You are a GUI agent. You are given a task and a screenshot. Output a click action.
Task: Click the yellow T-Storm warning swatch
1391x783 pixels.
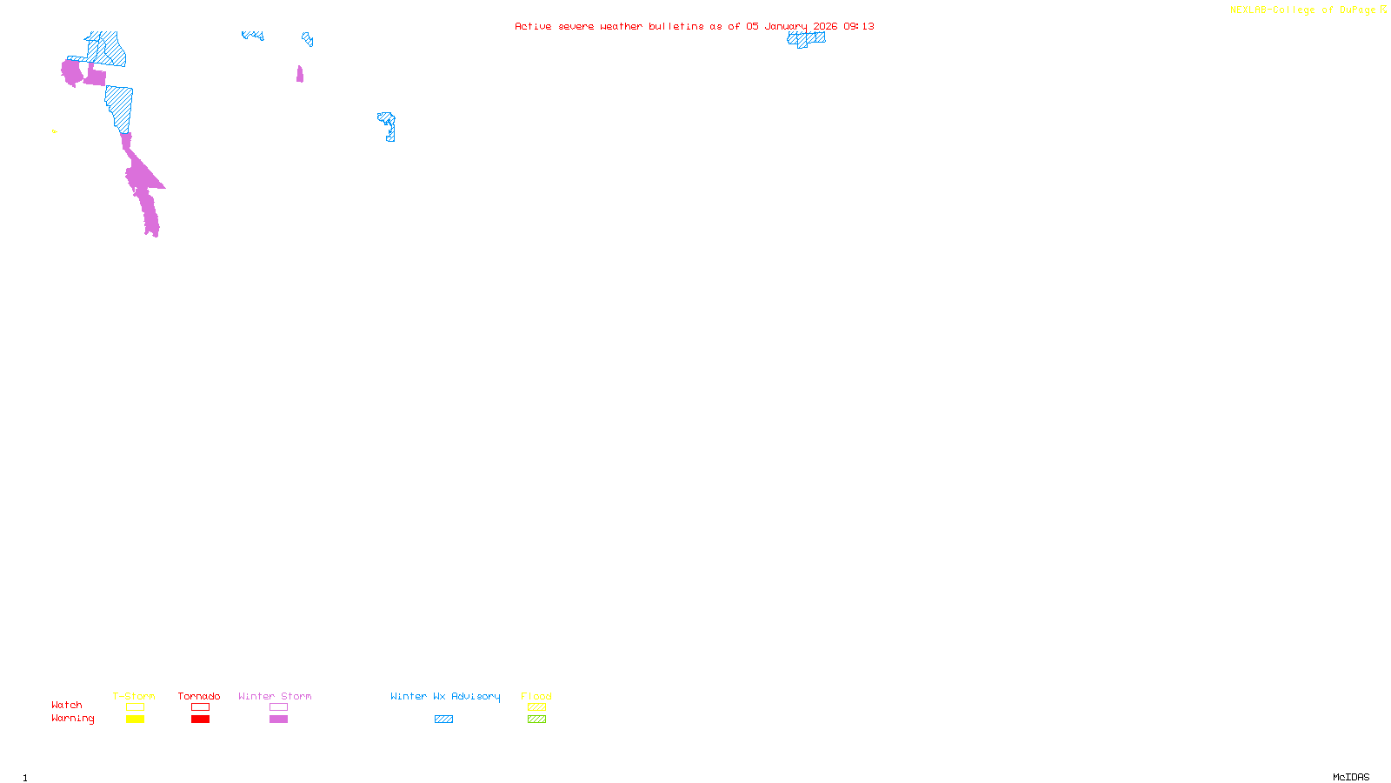tap(135, 719)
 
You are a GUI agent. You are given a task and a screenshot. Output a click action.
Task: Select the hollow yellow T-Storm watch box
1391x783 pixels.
tap(135, 707)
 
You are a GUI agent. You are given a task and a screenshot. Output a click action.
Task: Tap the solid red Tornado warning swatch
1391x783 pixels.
tap(200, 719)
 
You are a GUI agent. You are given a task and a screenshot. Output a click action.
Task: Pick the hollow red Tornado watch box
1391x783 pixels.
tap(200, 707)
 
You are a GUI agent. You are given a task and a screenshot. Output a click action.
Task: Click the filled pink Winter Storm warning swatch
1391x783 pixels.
tap(278, 719)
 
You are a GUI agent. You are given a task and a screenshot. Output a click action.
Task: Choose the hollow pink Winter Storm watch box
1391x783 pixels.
tap(278, 707)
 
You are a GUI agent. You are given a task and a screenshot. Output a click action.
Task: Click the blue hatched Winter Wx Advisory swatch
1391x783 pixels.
tap(443, 719)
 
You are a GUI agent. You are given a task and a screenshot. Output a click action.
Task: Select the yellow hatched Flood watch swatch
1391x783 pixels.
tap(536, 707)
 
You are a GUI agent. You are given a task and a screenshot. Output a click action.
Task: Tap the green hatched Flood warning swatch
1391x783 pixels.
tap(536, 719)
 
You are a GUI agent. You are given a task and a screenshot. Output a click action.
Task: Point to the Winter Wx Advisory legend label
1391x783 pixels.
tap(445, 696)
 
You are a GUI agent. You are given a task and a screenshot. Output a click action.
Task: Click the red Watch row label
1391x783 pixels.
tap(67, 705)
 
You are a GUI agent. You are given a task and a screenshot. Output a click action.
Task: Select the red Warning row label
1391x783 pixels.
tap(72, 719)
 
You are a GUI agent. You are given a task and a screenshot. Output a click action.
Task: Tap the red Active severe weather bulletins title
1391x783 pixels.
tap(694, 26)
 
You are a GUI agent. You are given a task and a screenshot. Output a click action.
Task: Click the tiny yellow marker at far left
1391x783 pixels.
tap(54, 131)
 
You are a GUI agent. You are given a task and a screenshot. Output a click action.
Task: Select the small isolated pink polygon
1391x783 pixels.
tap(300, 74)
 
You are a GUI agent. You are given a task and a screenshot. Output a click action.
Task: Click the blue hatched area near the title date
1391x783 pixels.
tap(806, 38)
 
